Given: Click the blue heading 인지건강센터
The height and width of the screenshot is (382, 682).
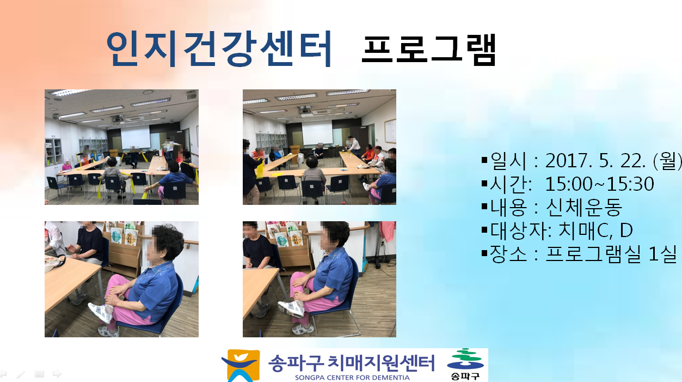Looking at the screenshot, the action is (219, 49).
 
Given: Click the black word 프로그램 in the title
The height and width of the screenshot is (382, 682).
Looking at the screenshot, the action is (429, 50).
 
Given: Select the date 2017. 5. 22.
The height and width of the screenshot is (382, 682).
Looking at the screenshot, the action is (595, 161).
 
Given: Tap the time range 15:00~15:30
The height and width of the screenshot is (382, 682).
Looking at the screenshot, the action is (599, 184).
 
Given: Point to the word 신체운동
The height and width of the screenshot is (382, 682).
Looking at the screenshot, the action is (584, 207).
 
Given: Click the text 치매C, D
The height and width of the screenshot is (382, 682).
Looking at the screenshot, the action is (596, 231).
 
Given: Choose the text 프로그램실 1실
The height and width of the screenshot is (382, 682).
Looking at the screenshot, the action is (611, 253).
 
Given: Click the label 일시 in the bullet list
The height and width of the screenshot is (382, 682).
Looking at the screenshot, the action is (508, 161).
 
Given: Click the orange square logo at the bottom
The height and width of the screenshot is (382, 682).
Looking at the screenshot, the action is (241, 366).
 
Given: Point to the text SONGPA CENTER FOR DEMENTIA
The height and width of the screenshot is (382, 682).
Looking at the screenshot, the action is (352, 378).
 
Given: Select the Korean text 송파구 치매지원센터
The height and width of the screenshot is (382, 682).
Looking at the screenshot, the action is (352, 363).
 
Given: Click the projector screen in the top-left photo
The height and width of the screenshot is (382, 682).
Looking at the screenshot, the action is (136, 137).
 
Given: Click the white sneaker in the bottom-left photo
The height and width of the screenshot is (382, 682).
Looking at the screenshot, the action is (101, 312).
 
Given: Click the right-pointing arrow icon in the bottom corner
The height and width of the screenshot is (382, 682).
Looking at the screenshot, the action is (57, 373).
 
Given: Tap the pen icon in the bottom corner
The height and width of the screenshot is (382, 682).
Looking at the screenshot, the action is (21, 374).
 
